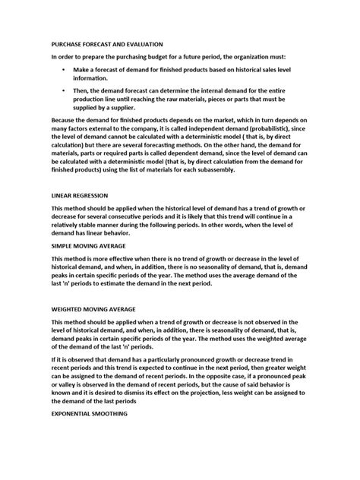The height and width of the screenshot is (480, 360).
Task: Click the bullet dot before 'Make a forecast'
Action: coord(63,69)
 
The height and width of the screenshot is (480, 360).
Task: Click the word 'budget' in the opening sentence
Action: coord(144,57)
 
